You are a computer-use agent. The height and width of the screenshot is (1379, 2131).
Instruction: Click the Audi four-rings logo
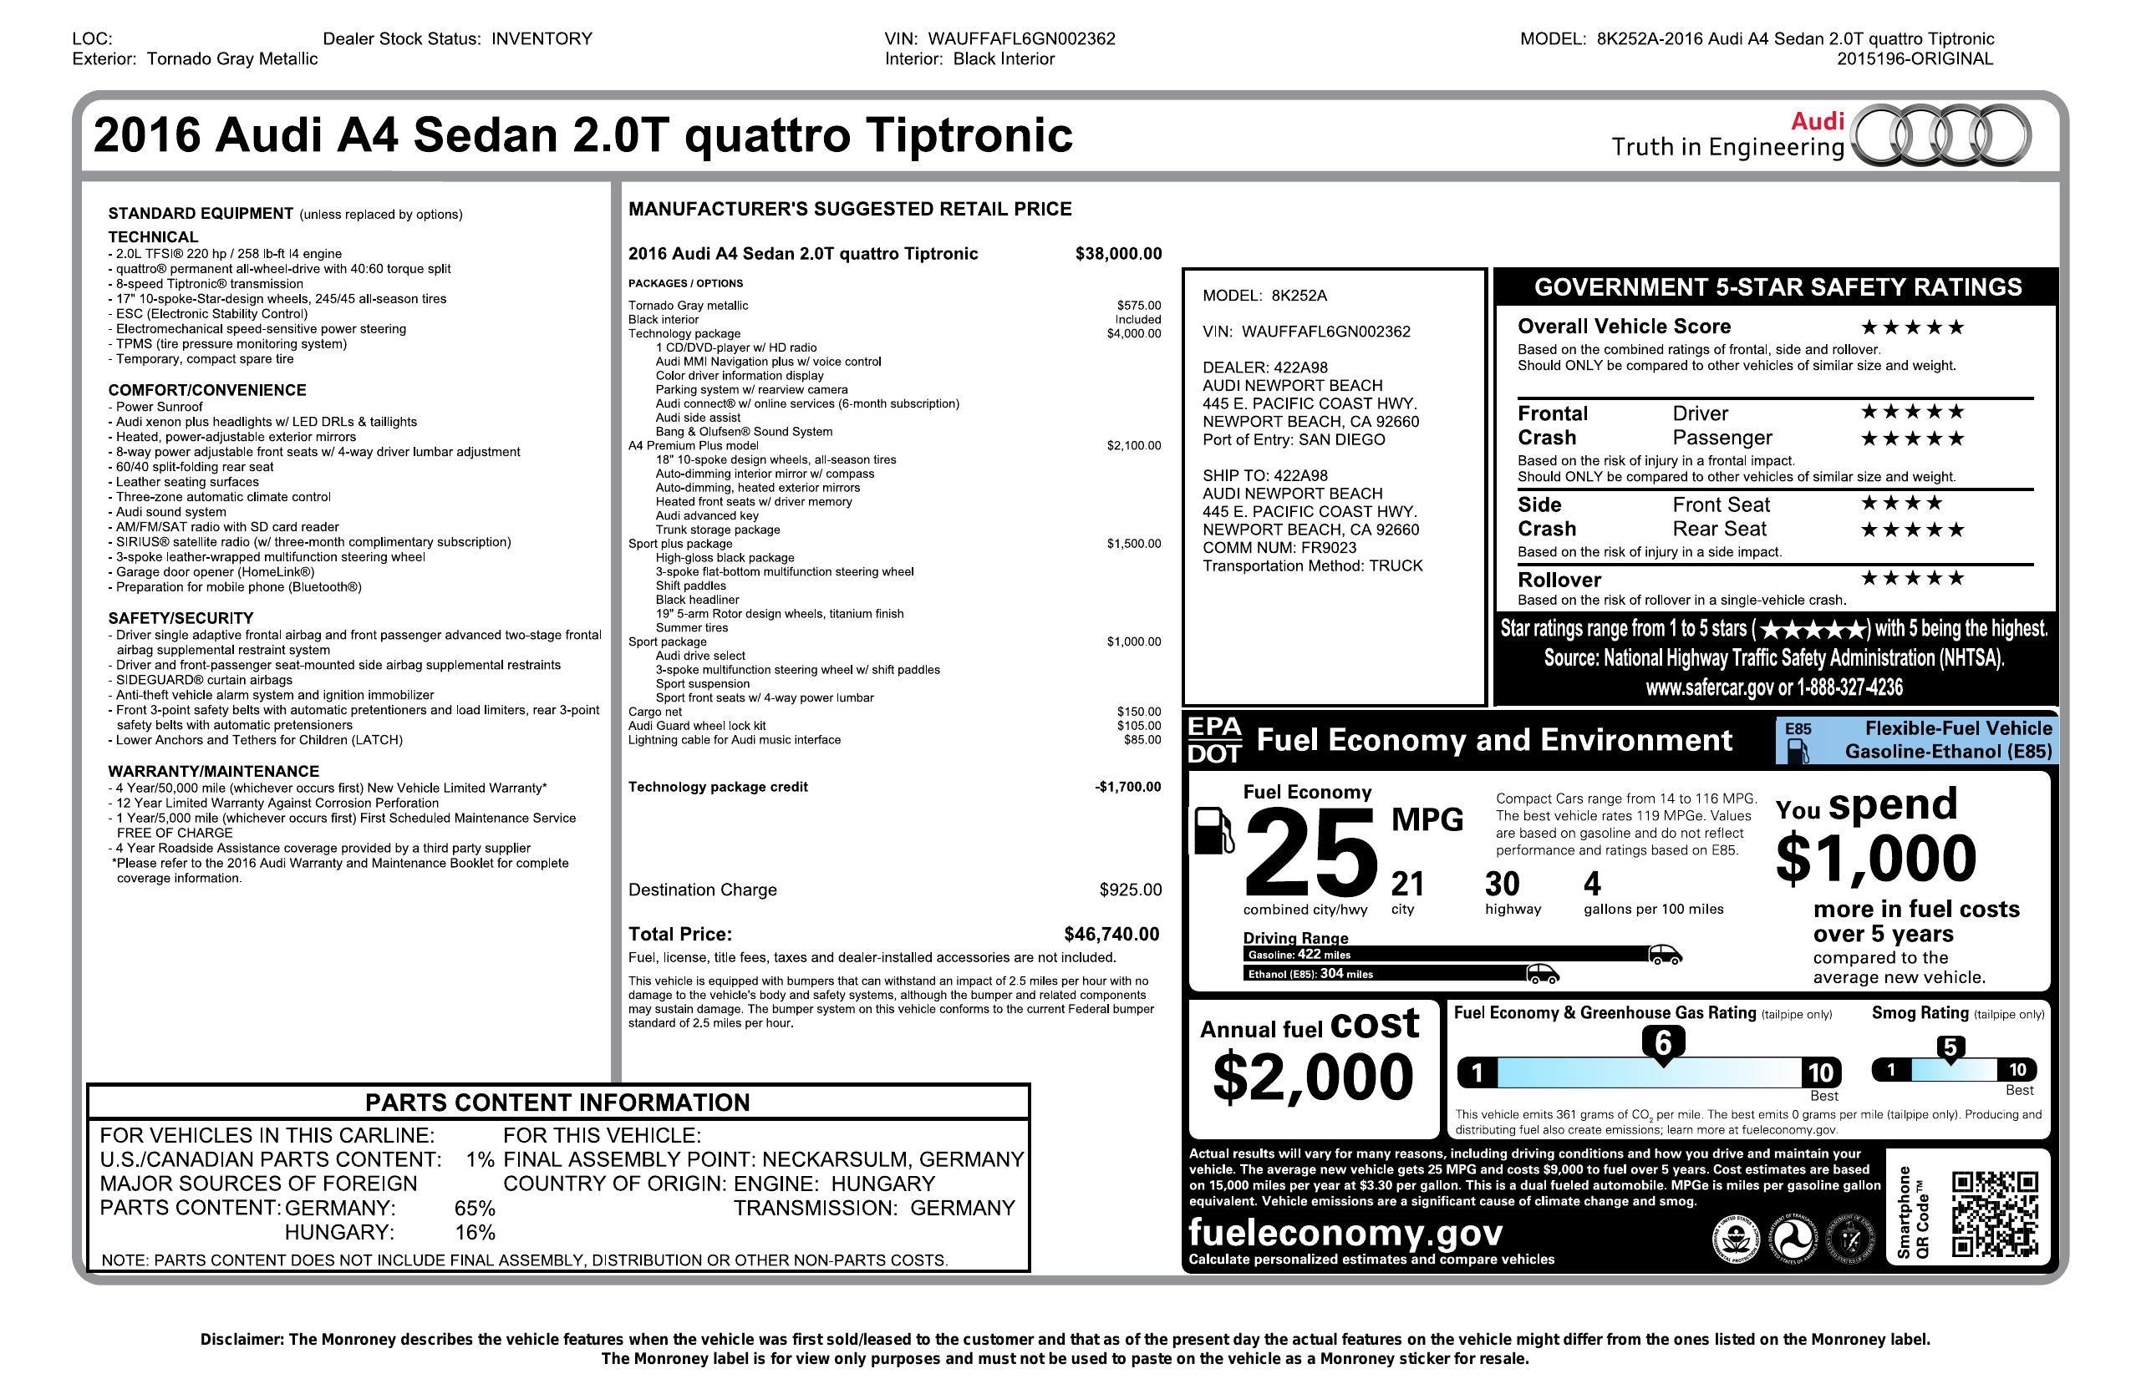(1940, 136)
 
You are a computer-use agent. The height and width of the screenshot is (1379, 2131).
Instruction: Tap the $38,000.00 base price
(1118, 254)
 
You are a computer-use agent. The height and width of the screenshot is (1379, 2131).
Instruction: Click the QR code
(1995, 1214)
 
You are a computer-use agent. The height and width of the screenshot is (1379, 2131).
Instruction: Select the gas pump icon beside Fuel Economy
(1213, 830)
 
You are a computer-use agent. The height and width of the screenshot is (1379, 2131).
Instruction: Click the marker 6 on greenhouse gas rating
(1664, 1043)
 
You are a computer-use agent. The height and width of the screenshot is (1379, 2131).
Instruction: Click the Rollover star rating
(1913, 578)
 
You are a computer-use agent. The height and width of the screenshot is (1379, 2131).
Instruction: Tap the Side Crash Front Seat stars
(1902, 503)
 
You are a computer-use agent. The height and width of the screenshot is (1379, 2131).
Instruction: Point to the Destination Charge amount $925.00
(1130, 890)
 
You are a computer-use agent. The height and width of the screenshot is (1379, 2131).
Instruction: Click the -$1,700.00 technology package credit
(1127, 788)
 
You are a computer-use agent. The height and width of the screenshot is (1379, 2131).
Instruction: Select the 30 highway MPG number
(1503, 885)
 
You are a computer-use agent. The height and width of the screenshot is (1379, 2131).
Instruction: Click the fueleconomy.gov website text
(1345, 1233)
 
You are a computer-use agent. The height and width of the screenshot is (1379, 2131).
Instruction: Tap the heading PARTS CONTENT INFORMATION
(557, 1103)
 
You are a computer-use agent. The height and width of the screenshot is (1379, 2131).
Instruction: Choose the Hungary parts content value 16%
(475, 1232)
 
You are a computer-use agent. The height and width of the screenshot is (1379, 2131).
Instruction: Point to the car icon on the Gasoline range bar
(1665, 954)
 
